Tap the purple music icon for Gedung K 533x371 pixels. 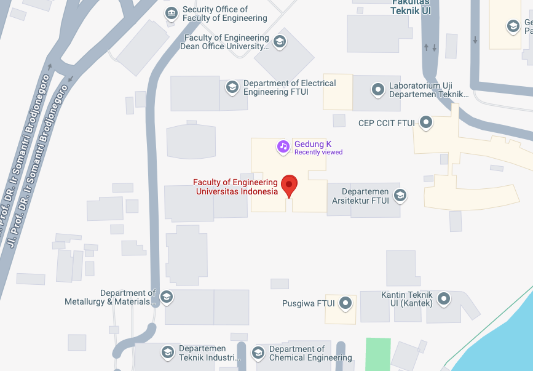(283, 146)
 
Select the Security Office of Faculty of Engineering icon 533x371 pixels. (172, 14)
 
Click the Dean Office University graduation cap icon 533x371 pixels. (280, 42)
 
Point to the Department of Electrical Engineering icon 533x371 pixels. (232, 87)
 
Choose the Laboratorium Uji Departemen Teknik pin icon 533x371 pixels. (378, 89)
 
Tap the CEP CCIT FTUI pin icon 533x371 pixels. (425, 122)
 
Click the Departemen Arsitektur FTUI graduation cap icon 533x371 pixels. (400, 196)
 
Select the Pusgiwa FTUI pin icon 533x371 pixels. (346, 303)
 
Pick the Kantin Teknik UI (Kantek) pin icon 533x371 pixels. (444, 299)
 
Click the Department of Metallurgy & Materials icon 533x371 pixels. (167, 297)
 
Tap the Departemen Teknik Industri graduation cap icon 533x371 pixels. (167, 353)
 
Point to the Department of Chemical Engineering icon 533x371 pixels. (258, 353)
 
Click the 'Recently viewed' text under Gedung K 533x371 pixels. (318, 153)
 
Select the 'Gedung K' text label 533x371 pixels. (313, 145)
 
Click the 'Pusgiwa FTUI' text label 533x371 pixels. (308, 303)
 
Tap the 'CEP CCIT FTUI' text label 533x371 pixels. (387, 123)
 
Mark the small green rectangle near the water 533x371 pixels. (378, 354)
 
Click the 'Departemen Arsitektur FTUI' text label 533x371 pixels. (360, 196)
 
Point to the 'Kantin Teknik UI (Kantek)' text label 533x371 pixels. (407, 299)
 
